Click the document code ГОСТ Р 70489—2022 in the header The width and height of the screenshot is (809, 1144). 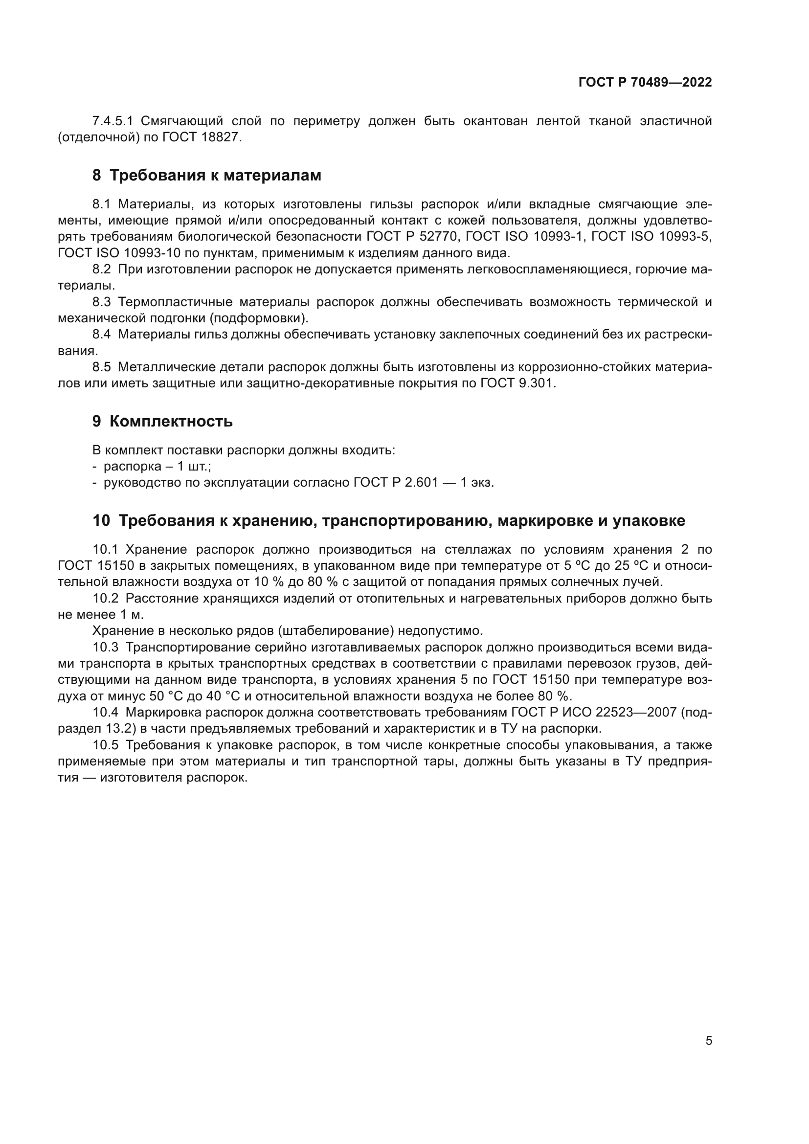[645, 83]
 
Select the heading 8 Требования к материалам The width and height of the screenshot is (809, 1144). [207, 176]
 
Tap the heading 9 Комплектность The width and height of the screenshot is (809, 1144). [162, 422]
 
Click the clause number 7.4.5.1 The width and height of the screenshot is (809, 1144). [112, 121]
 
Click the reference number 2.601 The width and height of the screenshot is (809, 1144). [422, 483]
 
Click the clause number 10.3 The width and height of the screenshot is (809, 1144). [105, 647]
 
